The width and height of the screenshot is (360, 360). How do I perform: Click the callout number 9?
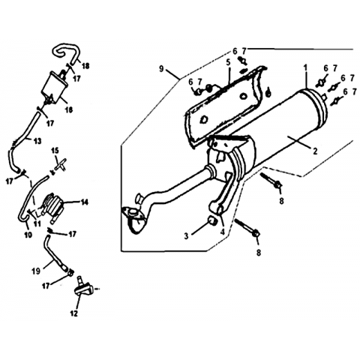[x=161, y=68]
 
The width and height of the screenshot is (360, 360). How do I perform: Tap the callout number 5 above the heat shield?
[x=228, y=62]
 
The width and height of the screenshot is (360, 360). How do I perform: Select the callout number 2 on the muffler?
[x=315, y=151]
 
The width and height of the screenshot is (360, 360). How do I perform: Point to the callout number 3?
[x=186, y=235]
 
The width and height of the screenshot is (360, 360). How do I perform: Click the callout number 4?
[x=223, y=232]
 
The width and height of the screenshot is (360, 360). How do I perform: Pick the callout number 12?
[x=74, y=313]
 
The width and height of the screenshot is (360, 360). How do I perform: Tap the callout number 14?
[x=85, y=202]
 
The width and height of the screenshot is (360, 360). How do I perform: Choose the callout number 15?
[x=55, y=151]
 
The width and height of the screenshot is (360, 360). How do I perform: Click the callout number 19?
[x=36, y=271]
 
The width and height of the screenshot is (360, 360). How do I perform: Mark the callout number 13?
[x=37, y=141]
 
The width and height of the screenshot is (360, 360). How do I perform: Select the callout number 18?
[x=85, y=66]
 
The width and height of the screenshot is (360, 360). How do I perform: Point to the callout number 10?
[x=28, y=235]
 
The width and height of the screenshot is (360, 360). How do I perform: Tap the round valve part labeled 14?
[x=53, y=204]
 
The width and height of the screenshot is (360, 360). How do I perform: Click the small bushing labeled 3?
[x=213, y=220]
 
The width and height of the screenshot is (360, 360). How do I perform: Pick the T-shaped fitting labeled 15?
[x=59, y=165]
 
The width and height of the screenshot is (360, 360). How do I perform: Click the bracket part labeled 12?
[x=84, y=290]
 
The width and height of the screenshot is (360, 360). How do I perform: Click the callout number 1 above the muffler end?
[x=305, y=67]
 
